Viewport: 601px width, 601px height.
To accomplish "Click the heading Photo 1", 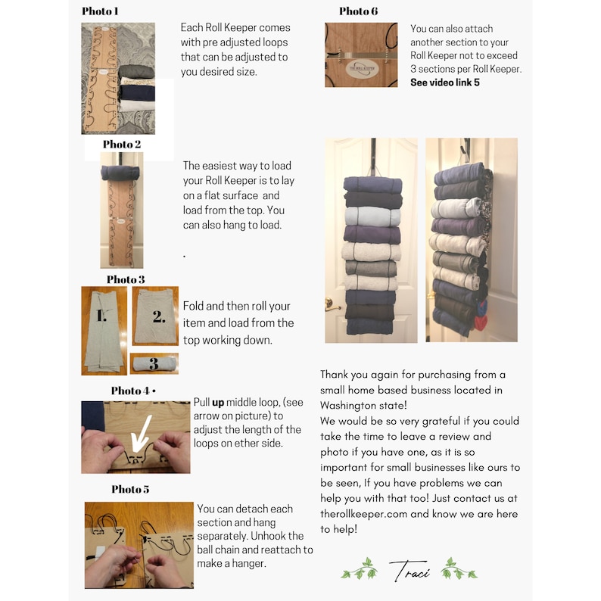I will pyautogui.click(x=100, y=11).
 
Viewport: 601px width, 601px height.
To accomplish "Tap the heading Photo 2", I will pyautogui.click(x=122, y=144).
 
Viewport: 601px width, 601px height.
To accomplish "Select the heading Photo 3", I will pyautogui.click(x=126, y=279).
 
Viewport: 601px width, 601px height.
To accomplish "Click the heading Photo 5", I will pyautogui.click(x=130, y=489).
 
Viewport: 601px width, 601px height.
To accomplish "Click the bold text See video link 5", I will pyautogui.click(x=444, y=82).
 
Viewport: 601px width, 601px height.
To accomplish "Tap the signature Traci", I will pyautogui.click(x=409, y=570).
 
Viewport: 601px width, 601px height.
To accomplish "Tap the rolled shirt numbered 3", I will pyautogui.click(x=154, y=364).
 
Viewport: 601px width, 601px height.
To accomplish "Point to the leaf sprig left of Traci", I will pyautogui.click(x=360, y=569).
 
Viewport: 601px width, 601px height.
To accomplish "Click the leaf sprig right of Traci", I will pyautogui.click(x=459, y=569).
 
